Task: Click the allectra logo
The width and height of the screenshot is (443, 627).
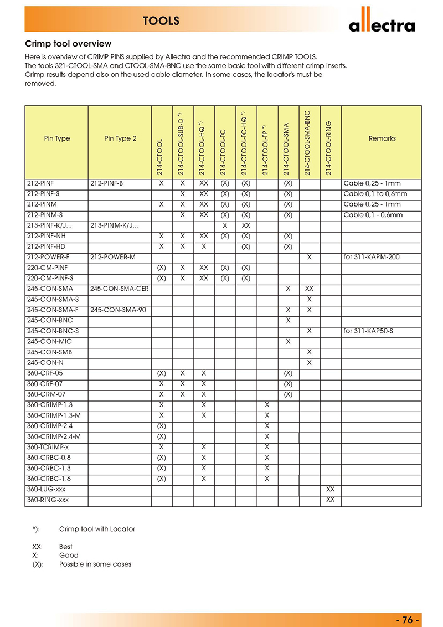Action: (382, 24)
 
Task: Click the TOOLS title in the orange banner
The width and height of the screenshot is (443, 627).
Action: (161, 21)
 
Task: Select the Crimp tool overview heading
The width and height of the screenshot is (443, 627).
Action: (69, 43)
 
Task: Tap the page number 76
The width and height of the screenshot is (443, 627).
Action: (409, 619)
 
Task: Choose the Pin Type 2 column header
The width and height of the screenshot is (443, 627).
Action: (120, 138)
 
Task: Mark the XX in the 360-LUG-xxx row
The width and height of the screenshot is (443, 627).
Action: (331, 490)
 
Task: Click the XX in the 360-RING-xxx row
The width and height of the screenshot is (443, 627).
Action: (331, 500)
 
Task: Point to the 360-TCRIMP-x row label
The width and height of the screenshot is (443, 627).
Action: (48, 447)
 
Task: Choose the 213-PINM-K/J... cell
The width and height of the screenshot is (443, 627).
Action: (114, 226)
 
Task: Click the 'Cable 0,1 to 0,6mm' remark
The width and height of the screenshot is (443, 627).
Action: (375, 194)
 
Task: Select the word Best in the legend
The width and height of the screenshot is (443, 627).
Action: (66, 546)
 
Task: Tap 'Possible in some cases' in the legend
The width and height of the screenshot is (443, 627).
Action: (95, 564)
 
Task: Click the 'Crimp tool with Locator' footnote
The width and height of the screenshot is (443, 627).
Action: (97, 529)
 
